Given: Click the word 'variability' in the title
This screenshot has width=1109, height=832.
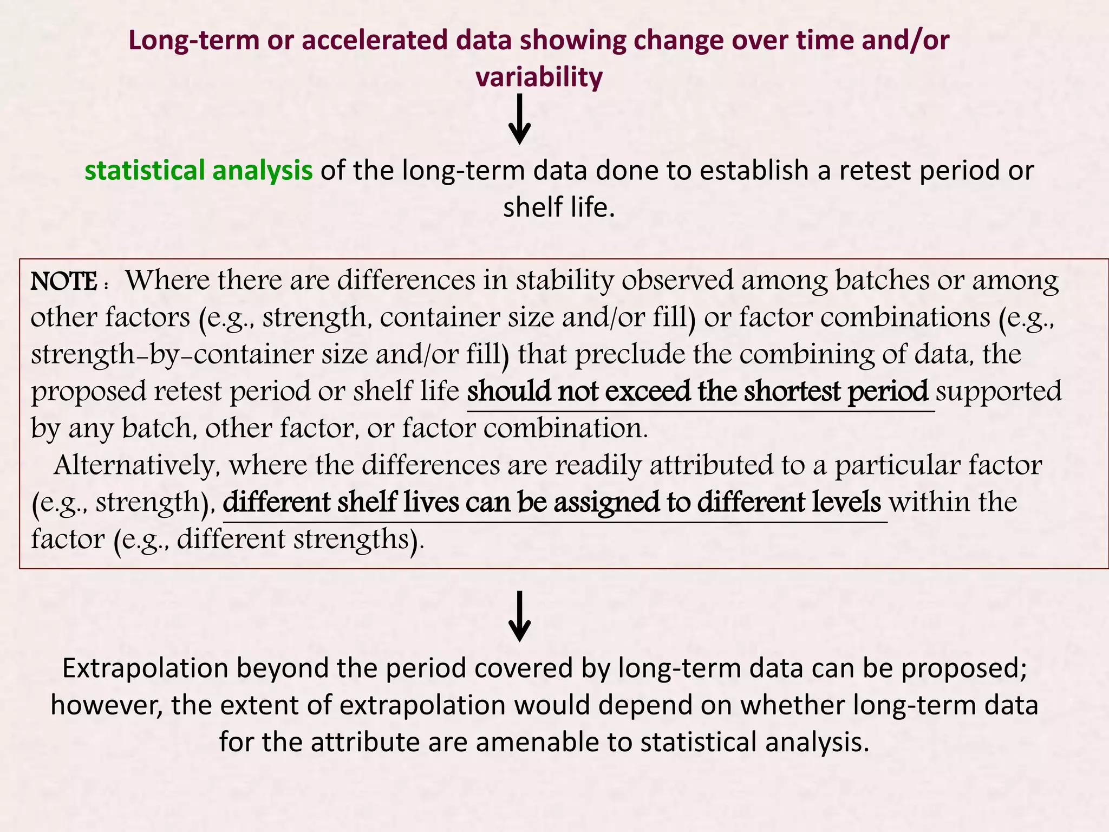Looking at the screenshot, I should (539, 77).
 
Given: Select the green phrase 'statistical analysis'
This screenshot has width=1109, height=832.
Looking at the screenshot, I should (199, 170).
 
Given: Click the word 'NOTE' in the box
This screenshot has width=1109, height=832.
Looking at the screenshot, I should (64, 281).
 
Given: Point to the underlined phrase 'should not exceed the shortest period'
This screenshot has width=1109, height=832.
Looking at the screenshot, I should (697, 391).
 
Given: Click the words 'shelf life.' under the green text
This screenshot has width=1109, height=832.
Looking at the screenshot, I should (559, 207).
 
